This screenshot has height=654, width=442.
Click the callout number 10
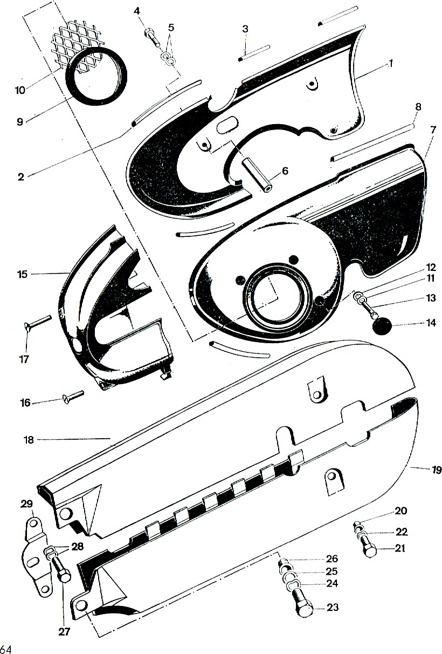20,90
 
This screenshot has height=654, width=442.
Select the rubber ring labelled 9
97,76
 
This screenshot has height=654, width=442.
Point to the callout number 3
245,29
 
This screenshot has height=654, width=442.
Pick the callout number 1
390,63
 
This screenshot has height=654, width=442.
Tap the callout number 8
418,107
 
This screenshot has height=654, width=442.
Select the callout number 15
23,275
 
